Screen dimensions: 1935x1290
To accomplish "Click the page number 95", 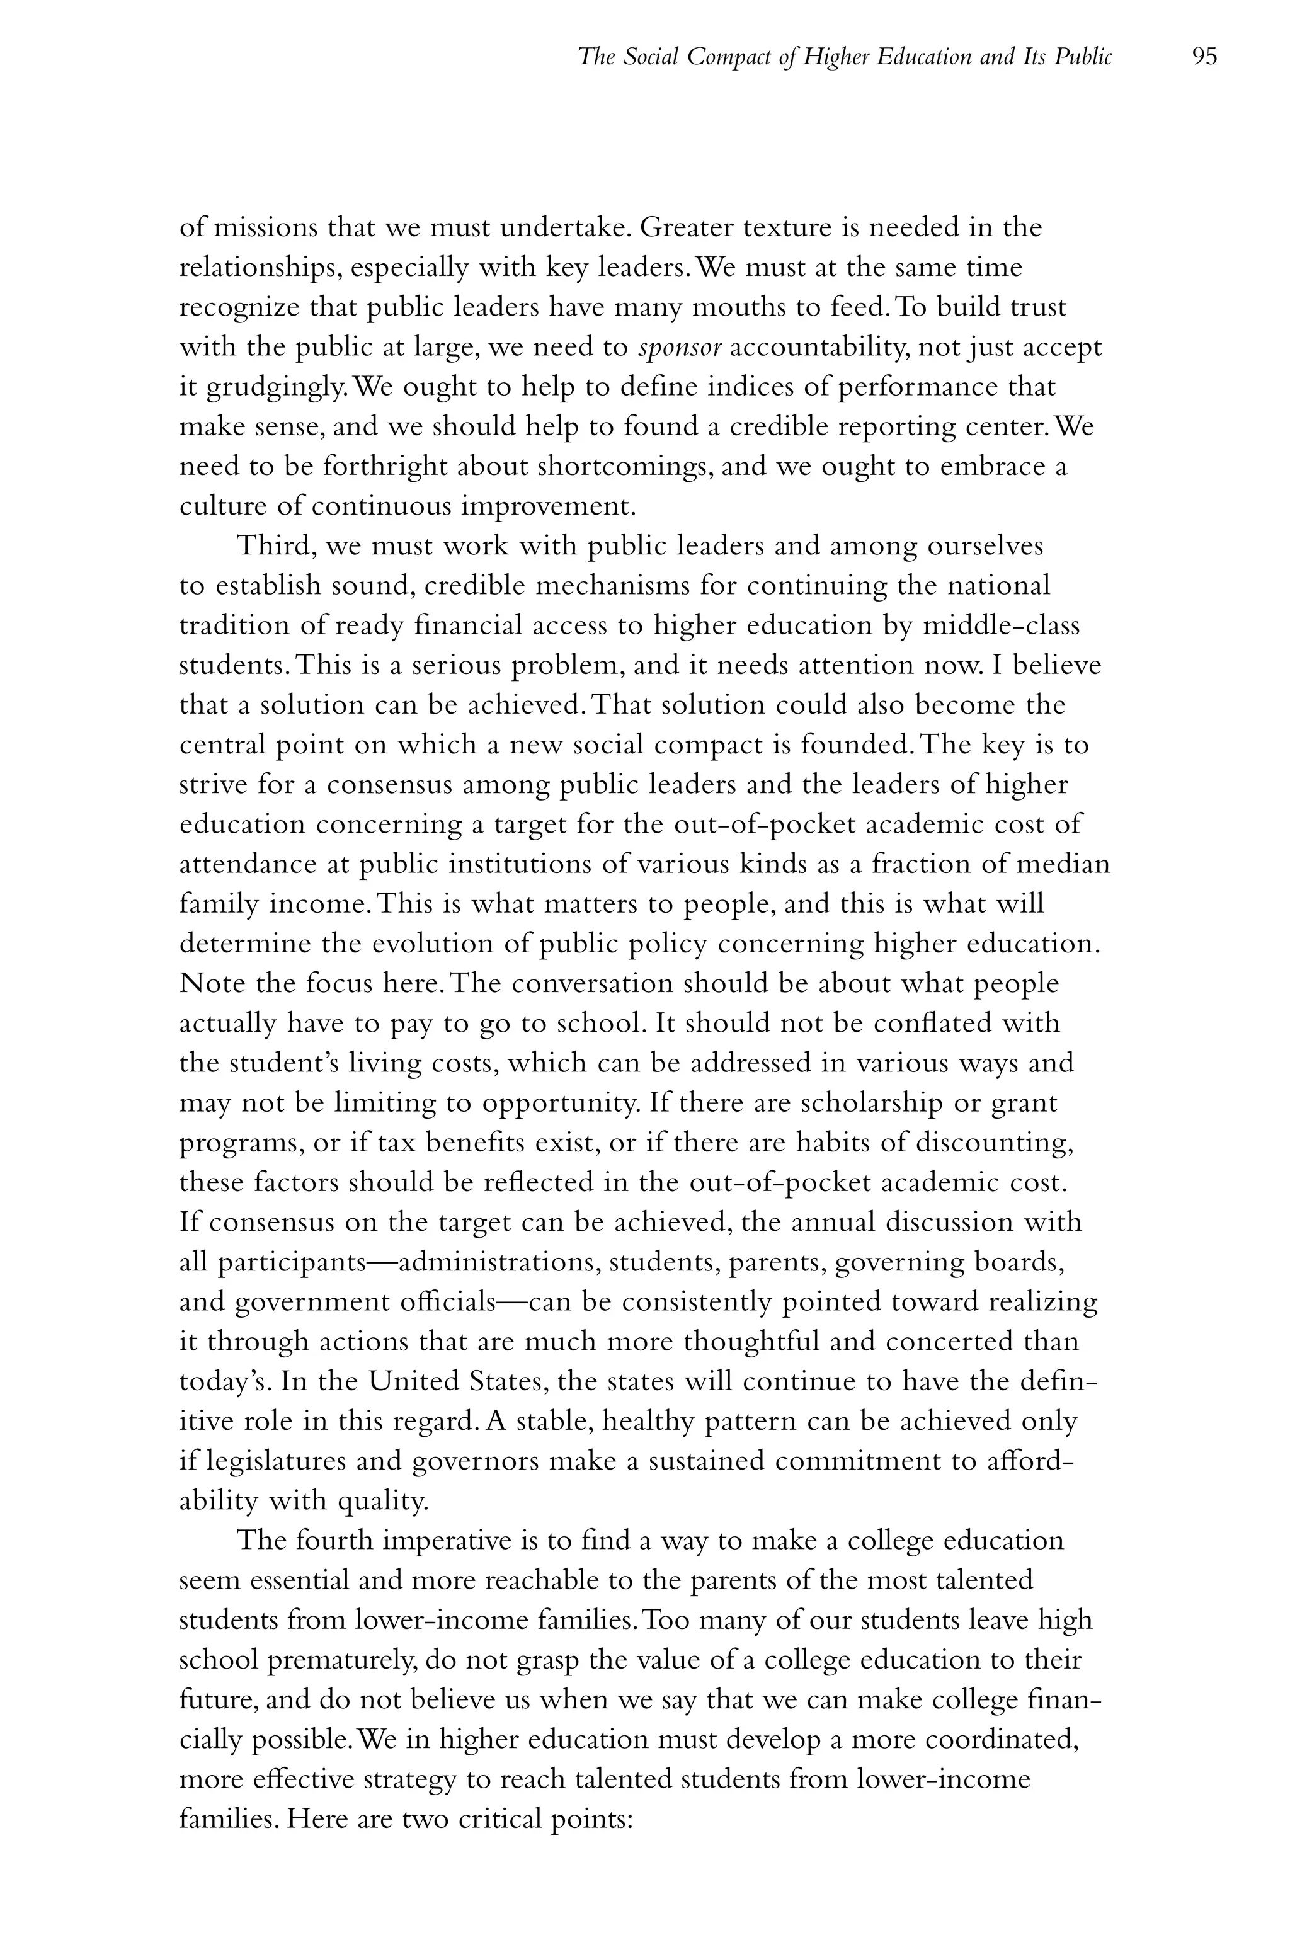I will tap(1204, 57).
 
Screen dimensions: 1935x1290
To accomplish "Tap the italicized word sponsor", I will tap(680, 348).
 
